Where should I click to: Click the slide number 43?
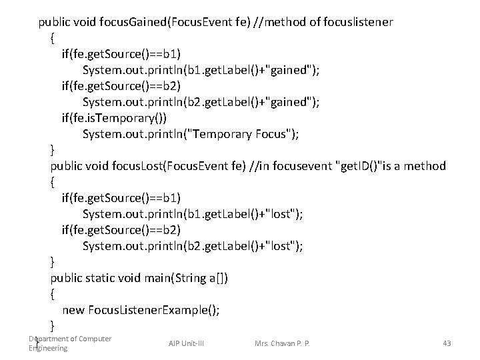click(447, 343)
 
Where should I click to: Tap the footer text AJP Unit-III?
click(185, 343)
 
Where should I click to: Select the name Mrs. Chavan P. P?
click(282, 343)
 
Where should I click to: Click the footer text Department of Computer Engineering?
click(69, 343)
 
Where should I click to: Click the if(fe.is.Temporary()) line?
click(115, 118)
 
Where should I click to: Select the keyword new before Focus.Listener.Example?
click(73, 310)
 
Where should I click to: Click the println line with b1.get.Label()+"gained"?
click(199, 70)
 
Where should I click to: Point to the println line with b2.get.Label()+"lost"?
click(193, 246)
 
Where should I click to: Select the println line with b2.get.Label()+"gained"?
click(199, 102)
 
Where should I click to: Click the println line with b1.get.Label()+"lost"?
click(193, 214)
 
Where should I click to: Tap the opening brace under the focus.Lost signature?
click(53, 182)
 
